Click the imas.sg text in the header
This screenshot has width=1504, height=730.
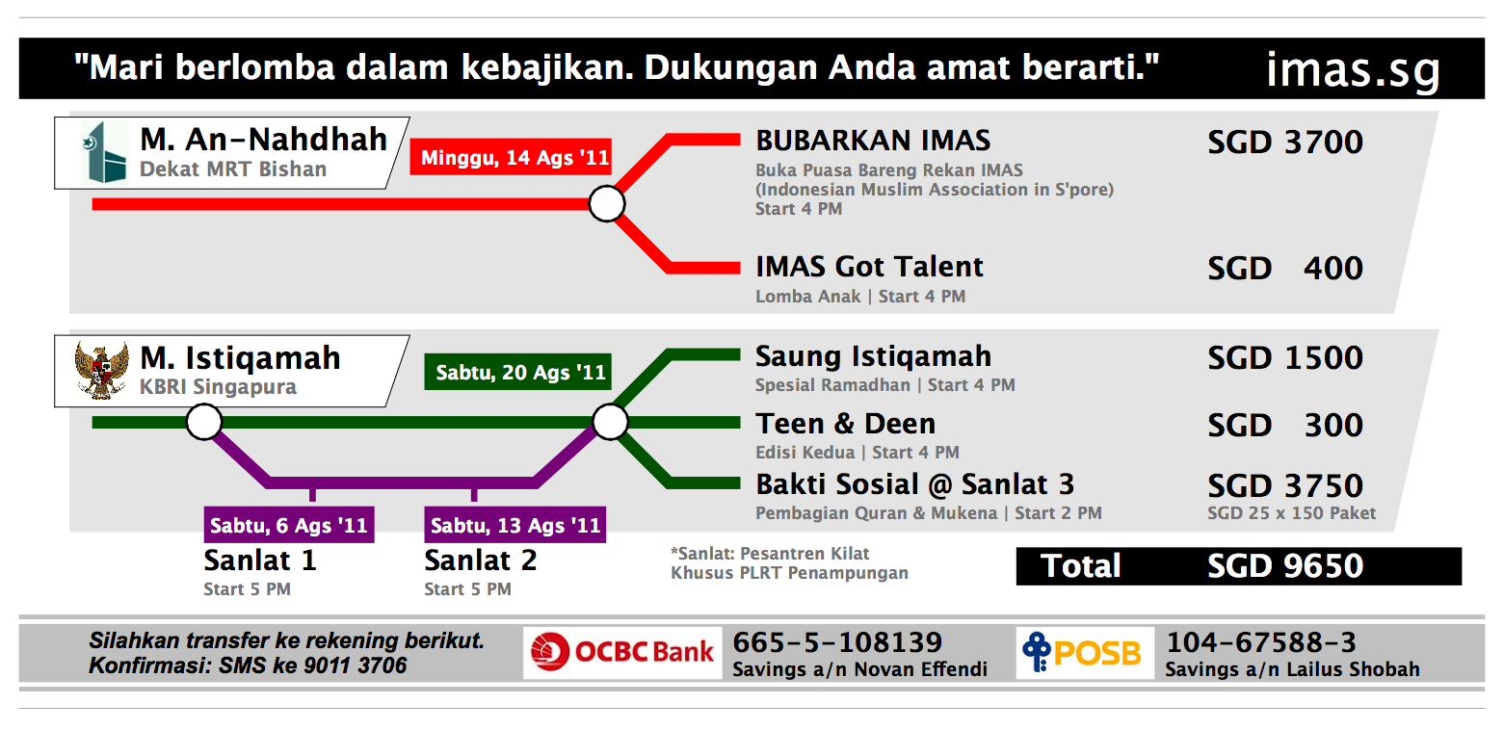(x=1353, y=70)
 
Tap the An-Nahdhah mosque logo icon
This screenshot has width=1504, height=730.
(x=105, y=152)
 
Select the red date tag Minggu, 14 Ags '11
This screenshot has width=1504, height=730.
(x=511, y=157)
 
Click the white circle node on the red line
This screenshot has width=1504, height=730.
(x=607, y=204)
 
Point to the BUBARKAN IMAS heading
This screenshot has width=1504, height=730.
(x=873, y=141)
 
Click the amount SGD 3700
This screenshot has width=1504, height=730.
(x=1285, y=143)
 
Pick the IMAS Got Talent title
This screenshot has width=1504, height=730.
(x=869, y=267)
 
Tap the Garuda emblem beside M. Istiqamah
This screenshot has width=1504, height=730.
(x=101, y=371)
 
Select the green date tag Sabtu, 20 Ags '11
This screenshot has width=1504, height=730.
(x=517, y=372)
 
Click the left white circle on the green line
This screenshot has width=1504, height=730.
(x=204, y=422)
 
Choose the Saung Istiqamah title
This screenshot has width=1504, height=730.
(x=873, y=357)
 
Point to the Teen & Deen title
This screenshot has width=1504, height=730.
(x=845, y=424)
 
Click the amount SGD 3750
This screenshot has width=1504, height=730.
(x=1285, y=485)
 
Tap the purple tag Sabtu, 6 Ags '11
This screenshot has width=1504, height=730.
(x=289, y=525)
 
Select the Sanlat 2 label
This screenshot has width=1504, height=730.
(x=481, y=561)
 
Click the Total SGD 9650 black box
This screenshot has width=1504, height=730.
(x=1239, y=566)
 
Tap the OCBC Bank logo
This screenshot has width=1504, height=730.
(x=622, y=653)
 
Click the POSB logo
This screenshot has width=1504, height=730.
(x=1084, y=653)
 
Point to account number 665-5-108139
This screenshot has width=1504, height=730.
(x=837, y=642)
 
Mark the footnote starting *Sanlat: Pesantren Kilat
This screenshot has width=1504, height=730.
(x=790, y=563)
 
